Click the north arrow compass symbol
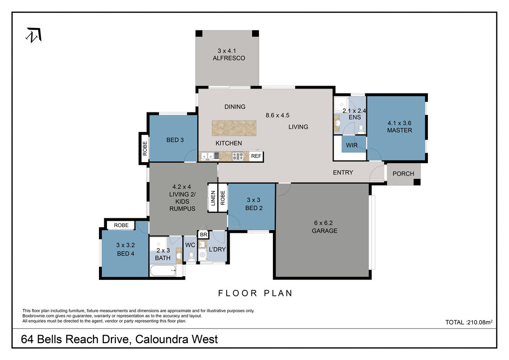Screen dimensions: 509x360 [x=34, y=35]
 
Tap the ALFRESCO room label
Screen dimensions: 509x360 [x=229, y=58]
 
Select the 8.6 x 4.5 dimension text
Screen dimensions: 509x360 [x=277, y=115]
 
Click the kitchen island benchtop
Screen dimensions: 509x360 [x=234, y=128]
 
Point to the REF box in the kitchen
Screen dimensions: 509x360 [x=256, y=156]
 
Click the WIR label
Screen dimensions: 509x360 [x=351, y=145]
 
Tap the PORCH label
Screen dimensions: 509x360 [x=403, y=174]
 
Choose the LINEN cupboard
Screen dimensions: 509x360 [x=213, y=198]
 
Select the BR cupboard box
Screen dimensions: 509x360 [x=203, y=234]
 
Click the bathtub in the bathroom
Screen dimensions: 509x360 [x=163, y=270]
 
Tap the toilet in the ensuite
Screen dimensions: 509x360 [x=361, y=129]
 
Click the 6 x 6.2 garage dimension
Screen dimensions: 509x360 [x=323, y=223]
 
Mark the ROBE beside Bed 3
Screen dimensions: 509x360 [x=145, y=148]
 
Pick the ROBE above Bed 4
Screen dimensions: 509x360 [x=121, y=225]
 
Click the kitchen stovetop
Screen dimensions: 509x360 [x=238, y=156]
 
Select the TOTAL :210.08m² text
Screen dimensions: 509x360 [x=469, y=322]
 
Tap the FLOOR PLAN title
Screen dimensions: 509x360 [x=255, y=293]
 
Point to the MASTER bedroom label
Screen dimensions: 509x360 [x=399, y=130]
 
